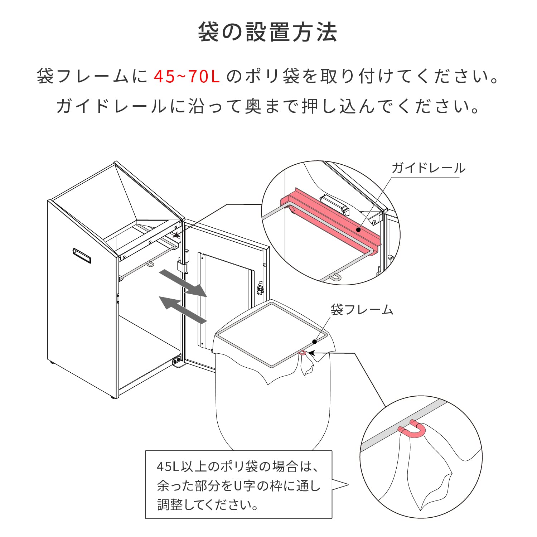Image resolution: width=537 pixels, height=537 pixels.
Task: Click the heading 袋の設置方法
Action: [267, 32]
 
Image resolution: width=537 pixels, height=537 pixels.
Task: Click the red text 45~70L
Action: [187, 76]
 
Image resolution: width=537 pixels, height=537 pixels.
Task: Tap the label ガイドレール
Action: [428, 168]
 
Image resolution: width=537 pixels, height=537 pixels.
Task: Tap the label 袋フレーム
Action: [362, 310]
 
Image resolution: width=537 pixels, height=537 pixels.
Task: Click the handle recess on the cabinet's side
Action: [82, 255]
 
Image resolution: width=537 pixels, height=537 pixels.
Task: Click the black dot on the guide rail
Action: [358, 229]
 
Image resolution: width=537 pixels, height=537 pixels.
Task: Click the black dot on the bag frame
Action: [314, 342]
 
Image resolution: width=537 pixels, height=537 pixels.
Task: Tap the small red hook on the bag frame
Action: [303, 353]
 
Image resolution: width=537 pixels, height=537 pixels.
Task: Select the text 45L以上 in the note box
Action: [175, 467]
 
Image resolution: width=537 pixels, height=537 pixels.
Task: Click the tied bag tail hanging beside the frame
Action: [307, 365]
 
